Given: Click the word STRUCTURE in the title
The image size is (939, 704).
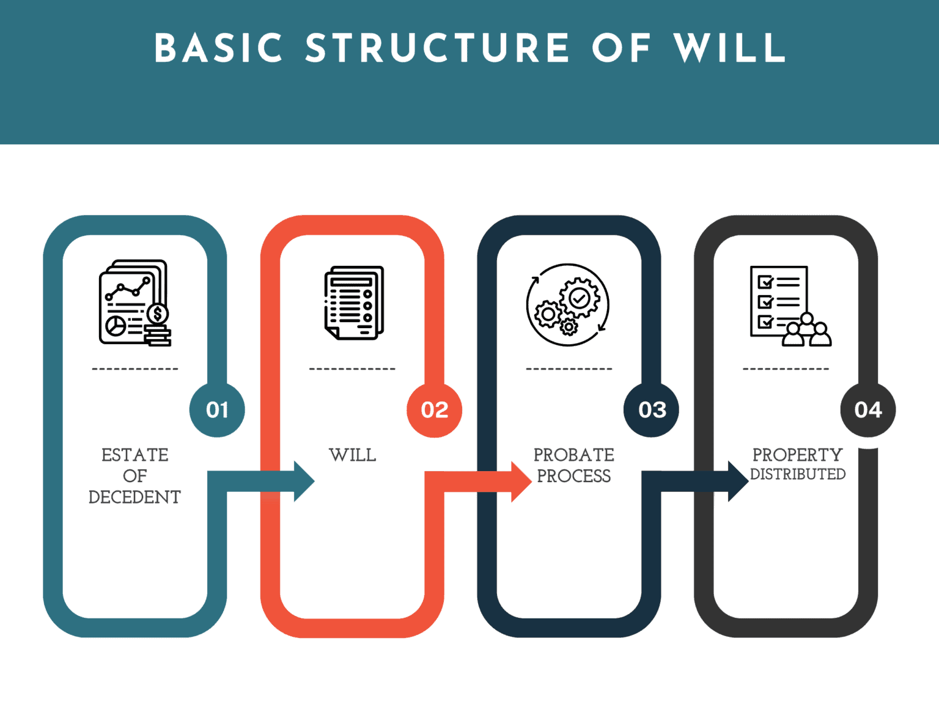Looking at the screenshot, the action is (437, 48).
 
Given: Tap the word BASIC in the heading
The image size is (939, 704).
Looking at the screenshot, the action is (218, 48).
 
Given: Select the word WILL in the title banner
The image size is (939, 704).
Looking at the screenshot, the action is (729, 48).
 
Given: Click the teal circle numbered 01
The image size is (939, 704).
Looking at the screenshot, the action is (217, 409).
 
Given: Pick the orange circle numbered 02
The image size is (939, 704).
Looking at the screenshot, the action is (434, 409).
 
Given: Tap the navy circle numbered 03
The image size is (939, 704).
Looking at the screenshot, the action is (651, 409).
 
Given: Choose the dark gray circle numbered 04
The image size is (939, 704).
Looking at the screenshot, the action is (868, 409).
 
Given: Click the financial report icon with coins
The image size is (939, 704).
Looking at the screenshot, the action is (134, 302).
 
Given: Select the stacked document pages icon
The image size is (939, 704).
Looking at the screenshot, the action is (354, 302).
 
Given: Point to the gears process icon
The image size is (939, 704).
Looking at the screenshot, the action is (568, 304).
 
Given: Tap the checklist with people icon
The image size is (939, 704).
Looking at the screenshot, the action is (790, 306).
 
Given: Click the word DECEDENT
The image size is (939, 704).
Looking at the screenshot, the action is (134, 497).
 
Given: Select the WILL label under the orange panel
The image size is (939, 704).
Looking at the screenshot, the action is (353, 455).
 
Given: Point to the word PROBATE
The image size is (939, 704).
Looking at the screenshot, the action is (573, 455).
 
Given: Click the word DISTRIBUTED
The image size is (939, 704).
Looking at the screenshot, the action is (798, 474).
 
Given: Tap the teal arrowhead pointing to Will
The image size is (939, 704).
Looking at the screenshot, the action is (304, 482).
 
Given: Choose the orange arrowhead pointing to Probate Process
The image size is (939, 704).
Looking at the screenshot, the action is (521, 482).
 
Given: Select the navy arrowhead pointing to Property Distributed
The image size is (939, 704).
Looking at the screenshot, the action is (738, 482).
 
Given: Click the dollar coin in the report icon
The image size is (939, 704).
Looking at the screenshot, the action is (158, 313).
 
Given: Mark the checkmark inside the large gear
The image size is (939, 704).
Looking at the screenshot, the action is (579, 298).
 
